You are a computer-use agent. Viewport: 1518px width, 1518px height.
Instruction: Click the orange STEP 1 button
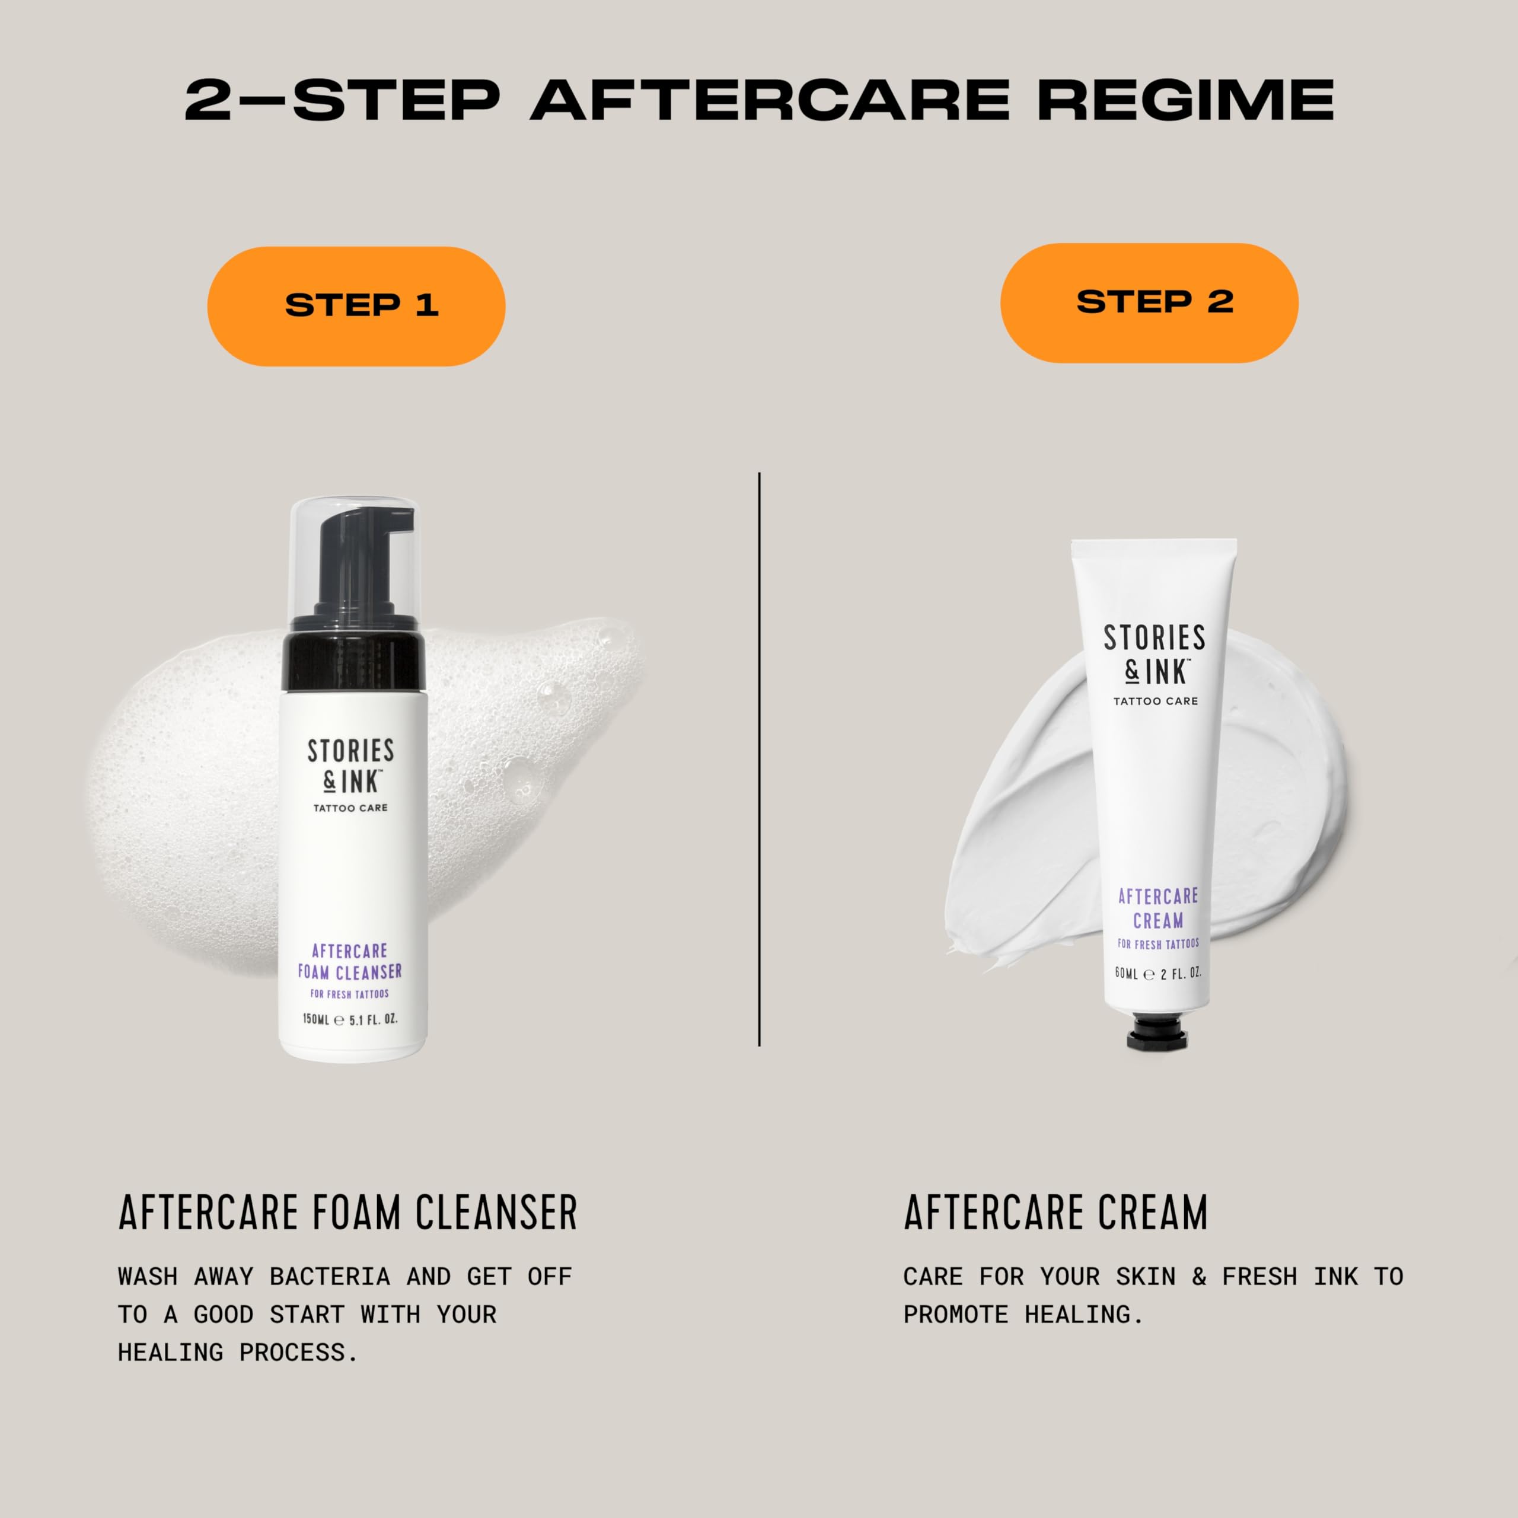[x=356, y=305]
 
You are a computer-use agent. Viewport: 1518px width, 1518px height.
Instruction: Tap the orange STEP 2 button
[x=1149, y=302]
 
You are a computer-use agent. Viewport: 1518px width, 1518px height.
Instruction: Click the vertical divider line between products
[x=759, y=758]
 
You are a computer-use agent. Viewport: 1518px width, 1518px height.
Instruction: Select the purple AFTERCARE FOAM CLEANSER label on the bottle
[x=350, y=961]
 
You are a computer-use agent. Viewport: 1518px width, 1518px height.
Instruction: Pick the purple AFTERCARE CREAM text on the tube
[x=1157, y=907]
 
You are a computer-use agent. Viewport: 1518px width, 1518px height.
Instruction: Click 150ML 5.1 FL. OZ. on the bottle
[x=350, y=1020]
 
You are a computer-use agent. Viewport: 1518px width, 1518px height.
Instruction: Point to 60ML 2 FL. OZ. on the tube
[x=1157, y=974]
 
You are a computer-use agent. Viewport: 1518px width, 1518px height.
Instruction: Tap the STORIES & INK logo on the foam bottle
[x=350, y=766]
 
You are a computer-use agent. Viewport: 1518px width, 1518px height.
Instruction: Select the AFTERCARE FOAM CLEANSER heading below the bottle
[x=348, y=1213]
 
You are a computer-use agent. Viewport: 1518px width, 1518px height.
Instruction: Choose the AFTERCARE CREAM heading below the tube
[x=1055, y=1213]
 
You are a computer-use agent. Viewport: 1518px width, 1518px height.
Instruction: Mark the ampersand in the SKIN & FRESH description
[x=1198, y=1277]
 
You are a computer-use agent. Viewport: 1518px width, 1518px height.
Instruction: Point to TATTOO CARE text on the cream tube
[x=1155, y=701]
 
